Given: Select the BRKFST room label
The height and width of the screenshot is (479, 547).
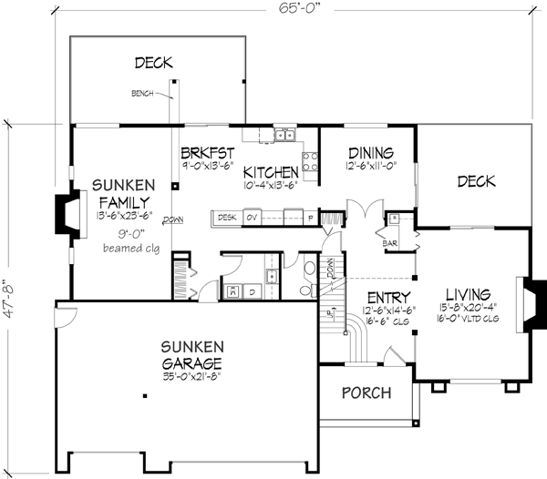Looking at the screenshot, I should pyautogui.click(x=208, y=153).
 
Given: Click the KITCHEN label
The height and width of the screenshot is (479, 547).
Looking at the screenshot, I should pyautogui.click(x=271, y=171).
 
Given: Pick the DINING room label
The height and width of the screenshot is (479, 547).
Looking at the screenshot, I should pyautogui.click(x=370, y=153).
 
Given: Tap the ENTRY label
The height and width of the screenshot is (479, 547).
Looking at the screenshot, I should pyautogui.click(x=387, y=297).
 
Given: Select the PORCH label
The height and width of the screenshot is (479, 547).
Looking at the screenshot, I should pyautogui.click(x=366, y=393).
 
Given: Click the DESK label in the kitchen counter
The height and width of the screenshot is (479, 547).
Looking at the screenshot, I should pyautogui.click(x=227, y=217).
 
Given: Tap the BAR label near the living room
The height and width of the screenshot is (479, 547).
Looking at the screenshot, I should pyautogui.click(x=393, y=243).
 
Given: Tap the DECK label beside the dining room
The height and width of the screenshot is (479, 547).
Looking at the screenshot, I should pyautogui.click(x=476, y=182).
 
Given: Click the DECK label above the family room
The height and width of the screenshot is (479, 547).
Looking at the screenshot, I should pyautogui.click(x=154, y=63).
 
